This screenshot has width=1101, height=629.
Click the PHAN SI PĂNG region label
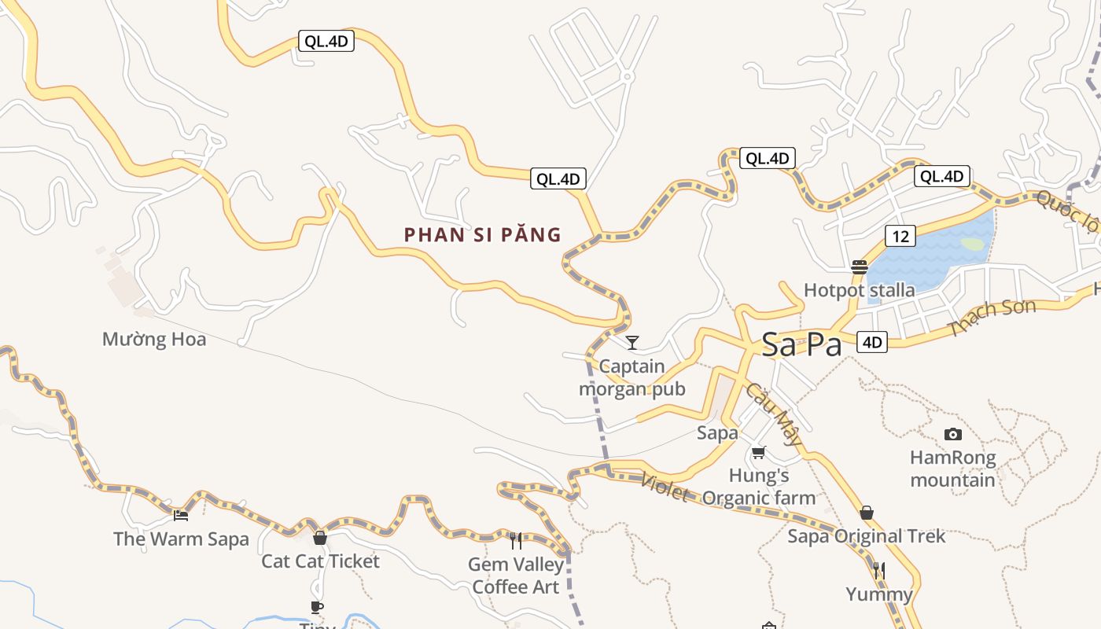482,234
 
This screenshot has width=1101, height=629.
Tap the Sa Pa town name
801,344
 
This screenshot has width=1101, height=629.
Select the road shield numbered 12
900,235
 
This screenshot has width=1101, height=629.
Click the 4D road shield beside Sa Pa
872,342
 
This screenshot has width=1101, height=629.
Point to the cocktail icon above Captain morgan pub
632,342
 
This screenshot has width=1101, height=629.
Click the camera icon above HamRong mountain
952,434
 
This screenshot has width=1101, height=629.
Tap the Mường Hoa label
154,340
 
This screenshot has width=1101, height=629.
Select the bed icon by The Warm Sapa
181,516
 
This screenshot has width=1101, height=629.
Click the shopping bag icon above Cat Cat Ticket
319,538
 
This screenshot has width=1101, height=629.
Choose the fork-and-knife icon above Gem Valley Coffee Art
516,540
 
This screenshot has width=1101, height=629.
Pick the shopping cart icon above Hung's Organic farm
758,452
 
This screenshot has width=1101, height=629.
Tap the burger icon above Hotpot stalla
859,267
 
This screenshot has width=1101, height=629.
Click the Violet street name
665,487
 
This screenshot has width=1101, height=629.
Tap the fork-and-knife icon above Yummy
879,570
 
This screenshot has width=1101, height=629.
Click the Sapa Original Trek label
866,536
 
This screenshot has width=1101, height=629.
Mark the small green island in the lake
972,244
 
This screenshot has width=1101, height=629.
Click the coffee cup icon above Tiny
316,606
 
